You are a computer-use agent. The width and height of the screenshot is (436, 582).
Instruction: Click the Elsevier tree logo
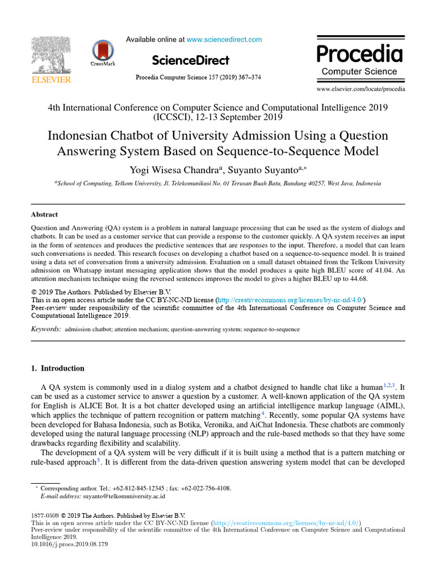(51, 56)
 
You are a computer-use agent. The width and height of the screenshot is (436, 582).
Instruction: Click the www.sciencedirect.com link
(224, 40)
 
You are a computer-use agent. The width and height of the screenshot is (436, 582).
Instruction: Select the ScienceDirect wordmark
(191, 60)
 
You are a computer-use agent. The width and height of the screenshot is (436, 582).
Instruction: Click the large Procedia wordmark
(359, 55)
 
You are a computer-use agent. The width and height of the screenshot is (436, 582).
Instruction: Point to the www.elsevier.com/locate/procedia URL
(361, 89)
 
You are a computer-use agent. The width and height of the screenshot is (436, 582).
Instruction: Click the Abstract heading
(44, 215)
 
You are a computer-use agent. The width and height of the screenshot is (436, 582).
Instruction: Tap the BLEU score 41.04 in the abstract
(364, 271)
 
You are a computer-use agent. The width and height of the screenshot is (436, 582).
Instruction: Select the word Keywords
(46, 329)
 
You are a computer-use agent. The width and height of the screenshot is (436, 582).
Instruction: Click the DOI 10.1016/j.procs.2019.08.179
(69, 543)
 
